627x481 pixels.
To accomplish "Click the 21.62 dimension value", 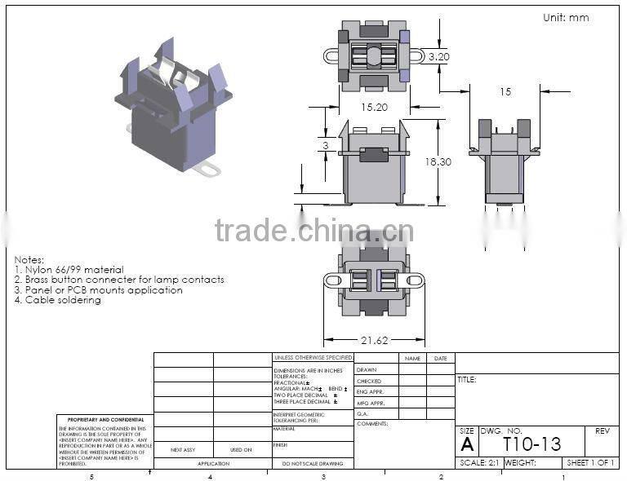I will [x=375, y=341].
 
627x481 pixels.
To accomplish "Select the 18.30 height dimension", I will [x=438, y=162].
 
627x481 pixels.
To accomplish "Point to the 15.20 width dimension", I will [x=375, y=107].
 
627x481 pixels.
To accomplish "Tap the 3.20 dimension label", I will [x=439, y=57].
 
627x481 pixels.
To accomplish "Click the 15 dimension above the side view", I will [x=505, y=92].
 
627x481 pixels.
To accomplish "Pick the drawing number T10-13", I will [x=531, y=443].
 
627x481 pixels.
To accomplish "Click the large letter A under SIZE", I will [x=467, y=444].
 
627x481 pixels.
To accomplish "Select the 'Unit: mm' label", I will [x=566, y=17].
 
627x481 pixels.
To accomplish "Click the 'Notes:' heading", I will [x=29, y=259].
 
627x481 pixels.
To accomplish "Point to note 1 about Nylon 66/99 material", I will [x=69, y=269].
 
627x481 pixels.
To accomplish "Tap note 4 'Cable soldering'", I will [x=58, y=300].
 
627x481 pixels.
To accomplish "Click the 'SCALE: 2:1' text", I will [x=479, y=462].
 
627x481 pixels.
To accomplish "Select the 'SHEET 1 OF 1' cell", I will [x=590, y=462].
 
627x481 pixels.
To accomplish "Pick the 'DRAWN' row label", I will [x=367, y=369].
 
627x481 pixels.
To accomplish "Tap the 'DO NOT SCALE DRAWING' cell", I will [x=313, y=463].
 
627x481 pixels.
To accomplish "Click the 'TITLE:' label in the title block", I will [x=467, y=380].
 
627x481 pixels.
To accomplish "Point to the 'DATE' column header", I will [x=440, y=358].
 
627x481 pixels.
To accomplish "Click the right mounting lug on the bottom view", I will [x=415, y=280].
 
